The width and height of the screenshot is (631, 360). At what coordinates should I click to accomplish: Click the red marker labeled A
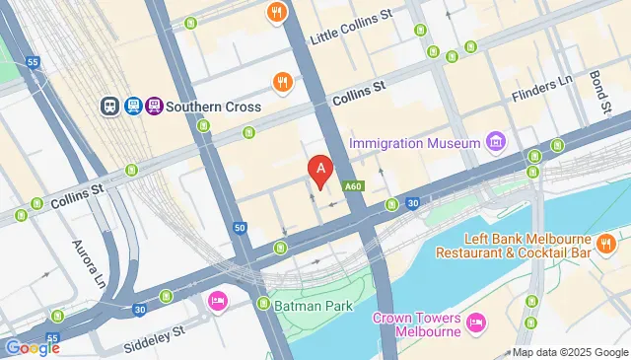tap(319, 170)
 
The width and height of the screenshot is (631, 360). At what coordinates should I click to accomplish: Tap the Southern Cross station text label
tap(213, 107)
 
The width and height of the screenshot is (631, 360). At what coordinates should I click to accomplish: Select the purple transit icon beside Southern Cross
tap(153, 106)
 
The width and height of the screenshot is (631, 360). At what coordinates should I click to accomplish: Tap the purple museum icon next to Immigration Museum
tap(496, 143)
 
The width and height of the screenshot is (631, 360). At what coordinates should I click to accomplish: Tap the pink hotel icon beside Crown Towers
tap(476, 322)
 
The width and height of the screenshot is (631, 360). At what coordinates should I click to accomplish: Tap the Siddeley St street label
tap(152, 335)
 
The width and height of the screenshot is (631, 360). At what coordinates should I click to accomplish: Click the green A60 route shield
tap(354, 185)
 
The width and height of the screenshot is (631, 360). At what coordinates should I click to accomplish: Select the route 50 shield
tap(240, 228)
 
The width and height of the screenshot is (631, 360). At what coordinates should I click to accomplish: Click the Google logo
tap(33, 347)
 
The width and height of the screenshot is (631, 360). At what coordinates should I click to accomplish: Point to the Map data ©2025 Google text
tap(569, 352)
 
